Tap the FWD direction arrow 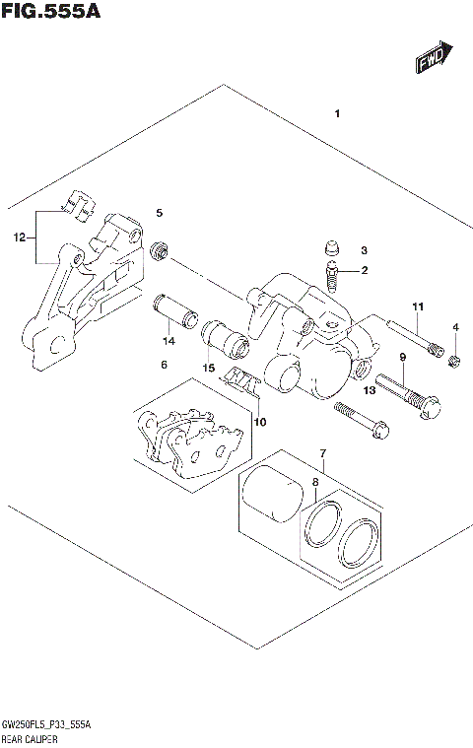click(x=435, y=60)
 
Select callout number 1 click(x=337, y=113)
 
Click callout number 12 click(x=18, y=238)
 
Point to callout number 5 click(x=159, y=213)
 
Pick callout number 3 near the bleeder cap click(x=364, y=250)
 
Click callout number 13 click(x=370, y=391)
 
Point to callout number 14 click(x=169, y=341)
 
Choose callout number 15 click(x=208, y=368)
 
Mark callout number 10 click(x=260, y=422)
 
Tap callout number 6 click(x=164, y=366)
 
